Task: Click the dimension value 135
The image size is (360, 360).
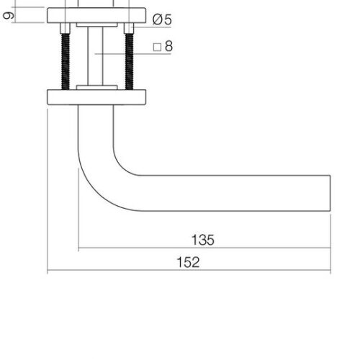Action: click(203, 240)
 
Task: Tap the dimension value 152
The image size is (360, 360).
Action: click(188, 262)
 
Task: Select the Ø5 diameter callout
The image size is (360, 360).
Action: click(162, 19)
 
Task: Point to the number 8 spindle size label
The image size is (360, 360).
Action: click(168, 46)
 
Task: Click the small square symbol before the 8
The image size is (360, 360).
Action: click(157, 47)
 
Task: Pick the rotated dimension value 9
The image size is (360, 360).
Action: click(9, 16)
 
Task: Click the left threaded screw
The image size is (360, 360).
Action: click(66, 62)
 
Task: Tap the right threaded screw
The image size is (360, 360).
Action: click(129, 62)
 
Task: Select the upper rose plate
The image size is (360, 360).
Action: click(96, 15)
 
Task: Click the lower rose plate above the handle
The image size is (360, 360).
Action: click(96, 97)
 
